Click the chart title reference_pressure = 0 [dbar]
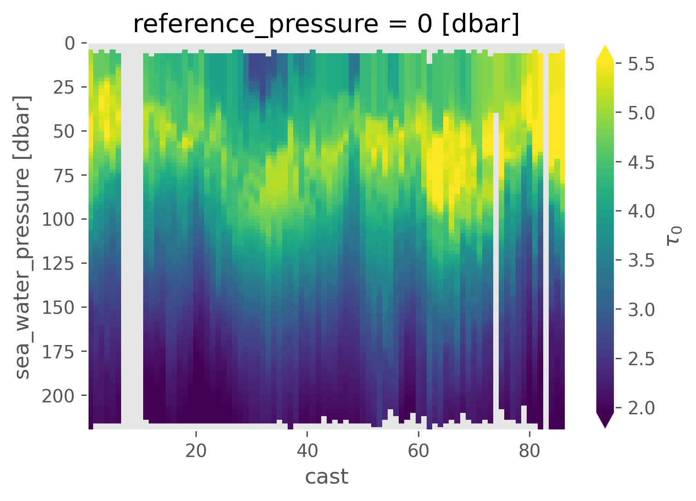click(x=326, y=24)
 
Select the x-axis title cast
click(x=327, y=477)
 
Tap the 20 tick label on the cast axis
click(x=196, y=451)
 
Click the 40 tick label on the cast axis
click(x=307, y=451)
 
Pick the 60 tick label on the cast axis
click(x=418, y=451)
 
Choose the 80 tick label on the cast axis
click(x=529, y=451)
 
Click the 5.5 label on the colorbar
click(x=641, y=64)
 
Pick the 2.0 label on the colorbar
click(x=641, y=407)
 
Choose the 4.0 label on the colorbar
click(x=641, y=212)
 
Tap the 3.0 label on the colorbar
click(x=641, y=310)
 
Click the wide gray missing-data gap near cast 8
click(x=132, y=229)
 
